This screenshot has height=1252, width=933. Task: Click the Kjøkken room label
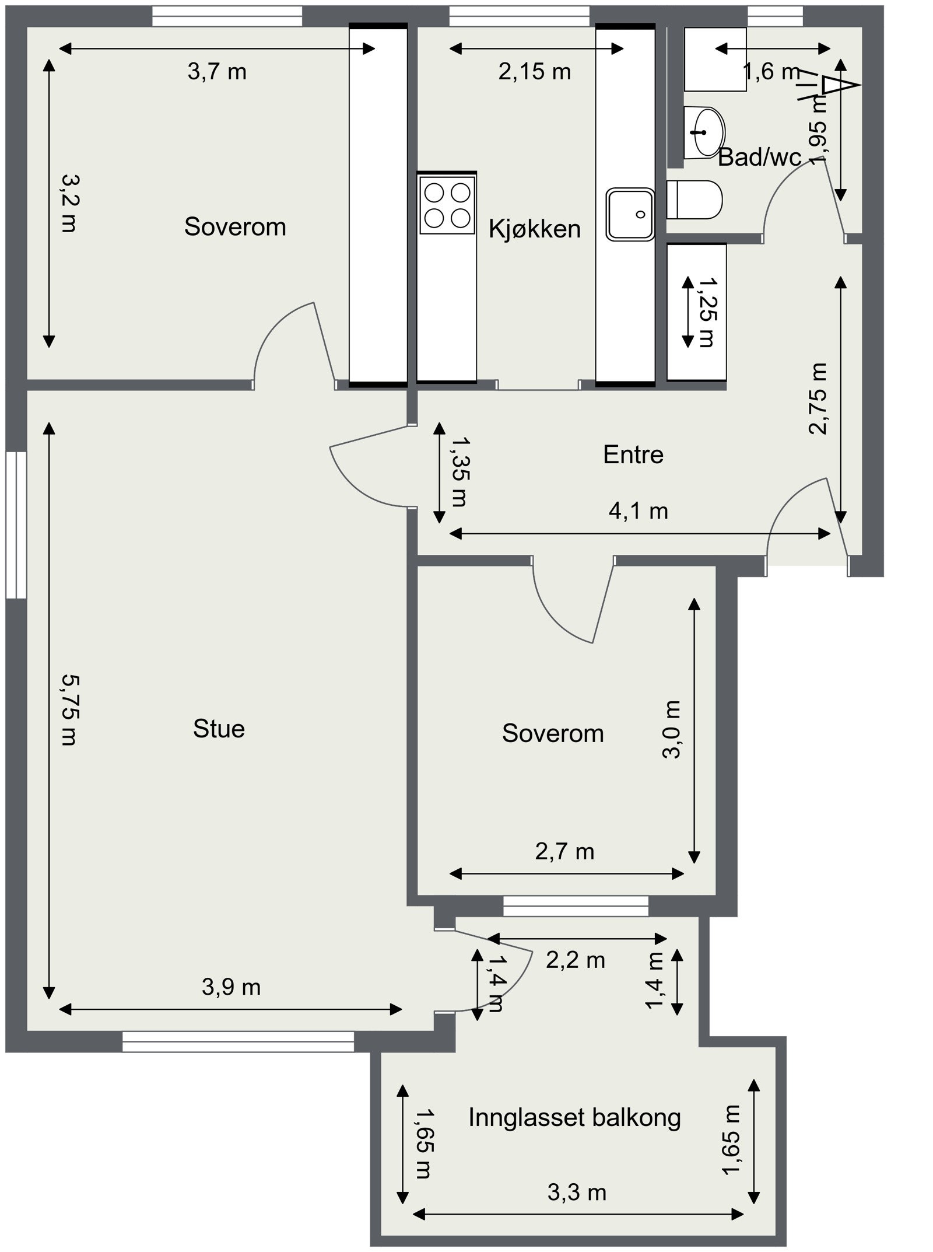click(x=535, y=229)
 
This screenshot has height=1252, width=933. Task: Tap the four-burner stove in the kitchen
click(x=447, y=205)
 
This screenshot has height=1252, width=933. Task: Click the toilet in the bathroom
click(x=694, y=200)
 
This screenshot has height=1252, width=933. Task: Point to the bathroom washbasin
click(x=704, y=132)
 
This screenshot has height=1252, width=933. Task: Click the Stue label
click(x=219, y=729)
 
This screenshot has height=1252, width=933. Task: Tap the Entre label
click(x=633, y=454)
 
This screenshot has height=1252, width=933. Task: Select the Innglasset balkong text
click(x=574, y=1117)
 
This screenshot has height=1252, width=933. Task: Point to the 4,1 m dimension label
click(x=638, y=511)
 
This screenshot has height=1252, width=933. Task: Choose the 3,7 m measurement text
click(x=217, y=72)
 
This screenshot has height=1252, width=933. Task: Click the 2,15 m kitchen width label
click(x=535, y=72)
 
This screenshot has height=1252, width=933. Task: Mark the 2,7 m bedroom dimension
click(x=564, y=852)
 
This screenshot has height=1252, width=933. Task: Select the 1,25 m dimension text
click(x=707, y=312)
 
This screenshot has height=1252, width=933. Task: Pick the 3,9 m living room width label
click(x=231, y=987)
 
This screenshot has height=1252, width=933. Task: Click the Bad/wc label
click(x=759, y=157)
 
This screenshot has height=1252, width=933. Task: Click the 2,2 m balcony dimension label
click(x=576, y=960)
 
